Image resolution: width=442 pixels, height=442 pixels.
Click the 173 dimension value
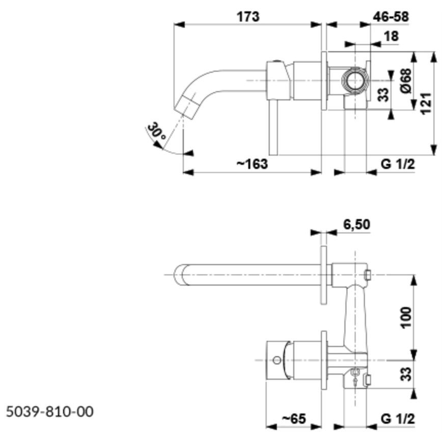point(248,16)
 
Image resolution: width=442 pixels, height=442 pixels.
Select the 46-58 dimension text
point(391,16)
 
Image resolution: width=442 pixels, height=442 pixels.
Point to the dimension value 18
point(392,37)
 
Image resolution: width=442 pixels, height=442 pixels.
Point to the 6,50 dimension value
point(356,224)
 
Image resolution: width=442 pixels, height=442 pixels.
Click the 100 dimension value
point(406,318)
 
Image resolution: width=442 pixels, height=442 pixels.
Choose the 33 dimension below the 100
point(406,375)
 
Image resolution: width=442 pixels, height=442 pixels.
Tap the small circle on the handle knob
point(277,361)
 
